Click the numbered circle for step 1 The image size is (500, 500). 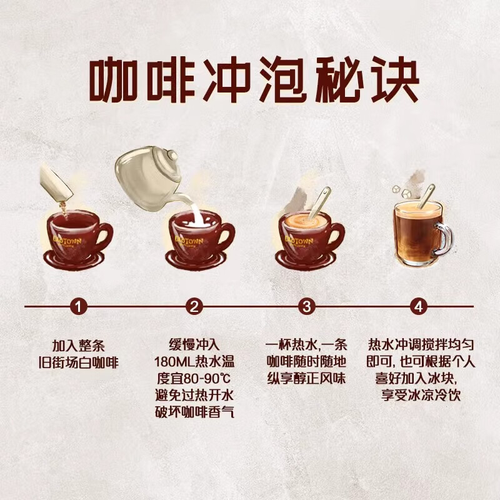point(78,306)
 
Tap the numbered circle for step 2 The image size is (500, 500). point(194,306)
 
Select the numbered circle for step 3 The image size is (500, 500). point(306,306)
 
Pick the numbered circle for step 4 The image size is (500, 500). point(419,306)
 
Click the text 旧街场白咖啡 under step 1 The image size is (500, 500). point(78,362)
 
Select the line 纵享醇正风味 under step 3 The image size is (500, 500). point(306,379)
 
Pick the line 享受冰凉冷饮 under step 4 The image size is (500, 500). point(418,395)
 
